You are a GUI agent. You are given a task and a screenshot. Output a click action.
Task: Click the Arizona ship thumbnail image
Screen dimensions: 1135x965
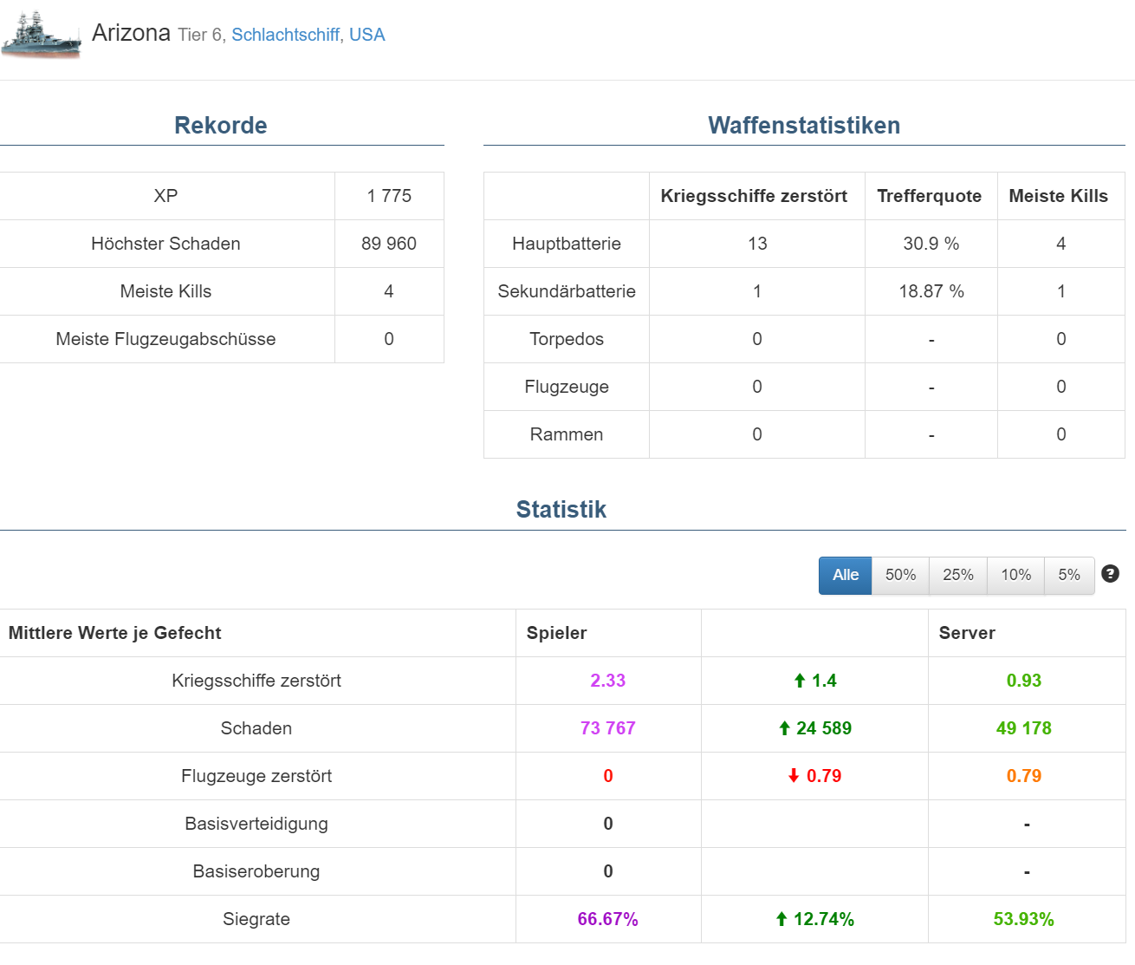point(42,34)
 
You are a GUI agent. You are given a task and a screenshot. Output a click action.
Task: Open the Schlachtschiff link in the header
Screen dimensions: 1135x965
point(285,35)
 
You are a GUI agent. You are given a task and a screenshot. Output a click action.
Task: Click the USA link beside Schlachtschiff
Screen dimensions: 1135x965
point(366,35)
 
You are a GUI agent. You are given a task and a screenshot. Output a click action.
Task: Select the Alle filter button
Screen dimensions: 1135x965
point(845,575)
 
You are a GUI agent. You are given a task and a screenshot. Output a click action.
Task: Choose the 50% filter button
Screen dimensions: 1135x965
point(900,575)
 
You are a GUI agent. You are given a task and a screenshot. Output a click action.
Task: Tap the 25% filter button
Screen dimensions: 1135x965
point(958,575)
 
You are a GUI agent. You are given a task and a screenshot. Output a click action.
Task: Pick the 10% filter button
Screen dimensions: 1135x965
point(1015,575)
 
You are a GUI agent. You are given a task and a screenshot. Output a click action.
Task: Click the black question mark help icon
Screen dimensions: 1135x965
point(1110,574)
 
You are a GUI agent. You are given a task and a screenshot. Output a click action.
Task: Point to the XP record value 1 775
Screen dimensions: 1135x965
point(389,196)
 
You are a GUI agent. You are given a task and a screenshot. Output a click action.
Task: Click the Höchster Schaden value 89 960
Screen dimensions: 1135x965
point(389,244)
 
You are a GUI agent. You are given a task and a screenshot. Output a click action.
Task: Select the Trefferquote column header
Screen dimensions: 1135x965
point(929,196)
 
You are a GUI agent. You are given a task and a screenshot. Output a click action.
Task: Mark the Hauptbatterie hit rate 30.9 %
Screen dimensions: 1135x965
point(931,244)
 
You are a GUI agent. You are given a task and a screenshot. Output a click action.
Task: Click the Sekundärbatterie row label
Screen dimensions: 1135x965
point(567,291)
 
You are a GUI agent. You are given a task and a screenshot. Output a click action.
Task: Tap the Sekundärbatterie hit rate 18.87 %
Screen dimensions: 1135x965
point(931,291)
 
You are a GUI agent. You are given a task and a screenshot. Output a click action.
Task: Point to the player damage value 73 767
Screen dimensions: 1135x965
point(608,728)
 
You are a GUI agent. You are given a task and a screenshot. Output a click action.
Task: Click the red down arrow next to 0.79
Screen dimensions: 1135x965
point(794,776)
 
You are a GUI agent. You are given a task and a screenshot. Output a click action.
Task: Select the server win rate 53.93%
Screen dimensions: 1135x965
point(1023,919)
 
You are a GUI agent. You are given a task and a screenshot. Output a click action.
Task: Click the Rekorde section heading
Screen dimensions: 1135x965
point(221,126)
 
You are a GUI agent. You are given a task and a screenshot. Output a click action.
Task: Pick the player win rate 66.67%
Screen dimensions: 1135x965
point(608,919)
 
